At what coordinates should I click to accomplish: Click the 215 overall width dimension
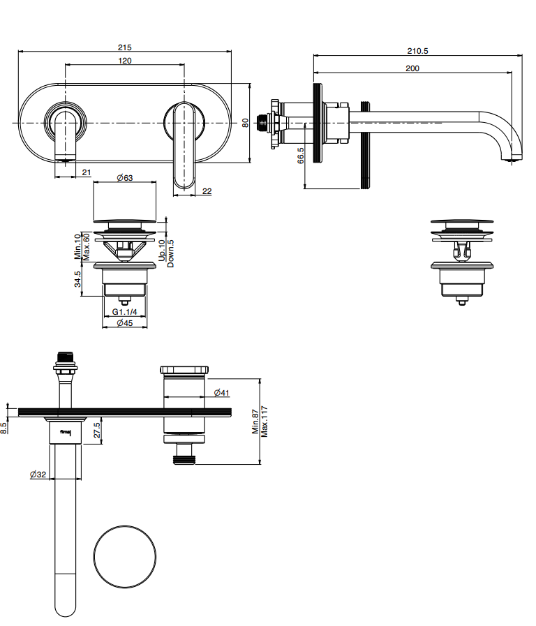coord(124,47)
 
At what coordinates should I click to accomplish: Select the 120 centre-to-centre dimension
coord(125,61)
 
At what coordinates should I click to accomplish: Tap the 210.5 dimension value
coord(417,50)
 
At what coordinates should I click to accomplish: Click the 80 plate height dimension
coord(245,122)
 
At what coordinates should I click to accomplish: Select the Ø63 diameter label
coord(125,178)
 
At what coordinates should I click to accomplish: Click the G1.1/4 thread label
coord(124,313)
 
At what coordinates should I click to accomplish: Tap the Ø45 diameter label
coord(125,323)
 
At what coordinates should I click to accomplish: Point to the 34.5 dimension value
coord(78,279)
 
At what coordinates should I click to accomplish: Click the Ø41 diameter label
coord(221,393)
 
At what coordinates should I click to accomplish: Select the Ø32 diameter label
coord(38,475)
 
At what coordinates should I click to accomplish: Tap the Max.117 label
coord(265,421)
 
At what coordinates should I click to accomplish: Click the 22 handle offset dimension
coord(207,191)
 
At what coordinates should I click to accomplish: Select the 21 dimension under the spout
coord(87,172)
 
